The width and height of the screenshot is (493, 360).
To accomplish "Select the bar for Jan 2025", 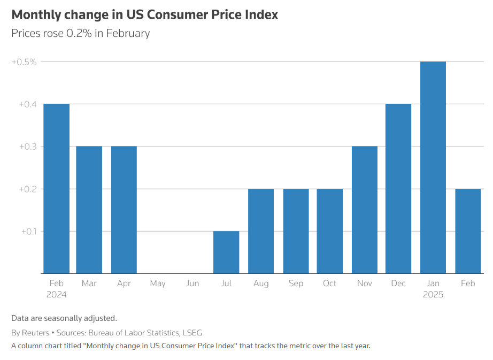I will tap(433, 167).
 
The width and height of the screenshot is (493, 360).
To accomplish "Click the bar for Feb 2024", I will tap(57, 188).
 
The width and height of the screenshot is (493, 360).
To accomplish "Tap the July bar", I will tap(226, 252).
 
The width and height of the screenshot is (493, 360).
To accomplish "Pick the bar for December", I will tap(398, 188).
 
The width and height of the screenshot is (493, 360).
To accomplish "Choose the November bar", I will tap(365, 210).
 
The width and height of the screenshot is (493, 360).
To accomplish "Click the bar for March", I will tap(89, 210).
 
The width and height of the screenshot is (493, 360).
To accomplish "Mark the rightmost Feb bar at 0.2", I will tap(468, 231).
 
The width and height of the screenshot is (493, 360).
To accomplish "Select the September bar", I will tap(296, 231).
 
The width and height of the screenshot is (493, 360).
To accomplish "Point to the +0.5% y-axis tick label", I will tap(24, 62).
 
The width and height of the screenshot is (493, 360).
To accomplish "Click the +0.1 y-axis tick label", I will tap(29, 232).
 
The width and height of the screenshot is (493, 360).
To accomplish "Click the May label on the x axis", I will tap(158, 284).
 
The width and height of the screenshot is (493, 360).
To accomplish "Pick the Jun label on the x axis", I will tap(192, 284).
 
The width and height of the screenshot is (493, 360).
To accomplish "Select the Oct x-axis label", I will tap(330, 284).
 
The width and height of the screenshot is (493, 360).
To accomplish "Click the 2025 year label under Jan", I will tap(433, 295).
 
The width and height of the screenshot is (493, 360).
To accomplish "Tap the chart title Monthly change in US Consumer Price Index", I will tap(144, 14).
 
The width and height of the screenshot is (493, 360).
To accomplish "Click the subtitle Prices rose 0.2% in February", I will tap(80, 33).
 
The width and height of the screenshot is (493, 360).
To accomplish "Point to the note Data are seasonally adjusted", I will tap(64, 318).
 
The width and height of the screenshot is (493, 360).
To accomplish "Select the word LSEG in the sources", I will tap(192, 333).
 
